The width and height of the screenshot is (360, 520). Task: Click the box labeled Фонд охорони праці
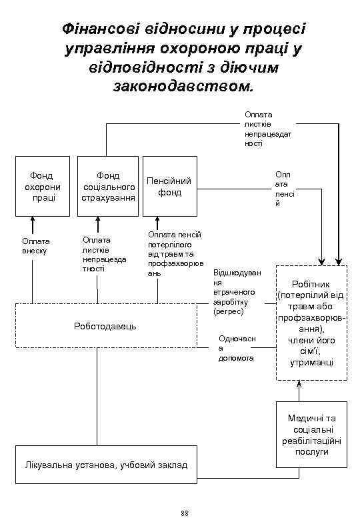(42, 187)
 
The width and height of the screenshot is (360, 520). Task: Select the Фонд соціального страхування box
(108, 187)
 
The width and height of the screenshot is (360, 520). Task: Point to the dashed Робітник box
(311, 323)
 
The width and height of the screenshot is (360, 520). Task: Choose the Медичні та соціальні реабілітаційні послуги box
(311, 434)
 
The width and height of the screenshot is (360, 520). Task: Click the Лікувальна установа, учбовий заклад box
(107, 464)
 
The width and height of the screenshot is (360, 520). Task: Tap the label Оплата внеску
(35, 245)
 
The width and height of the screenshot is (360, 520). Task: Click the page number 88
(185, 512)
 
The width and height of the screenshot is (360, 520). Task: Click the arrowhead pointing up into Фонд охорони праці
(32, 220)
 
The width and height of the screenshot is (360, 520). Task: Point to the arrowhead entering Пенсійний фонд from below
(157, 220)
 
